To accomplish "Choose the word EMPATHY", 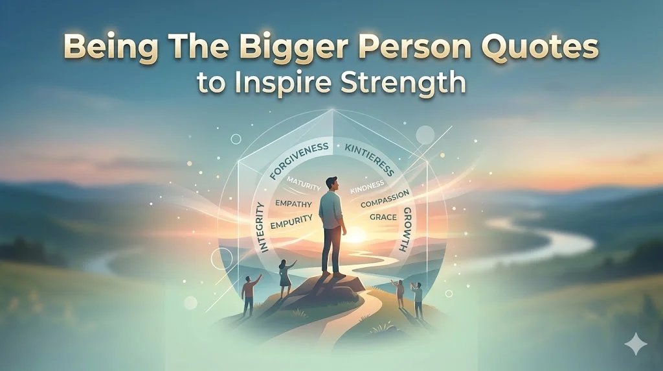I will [295, 204].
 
